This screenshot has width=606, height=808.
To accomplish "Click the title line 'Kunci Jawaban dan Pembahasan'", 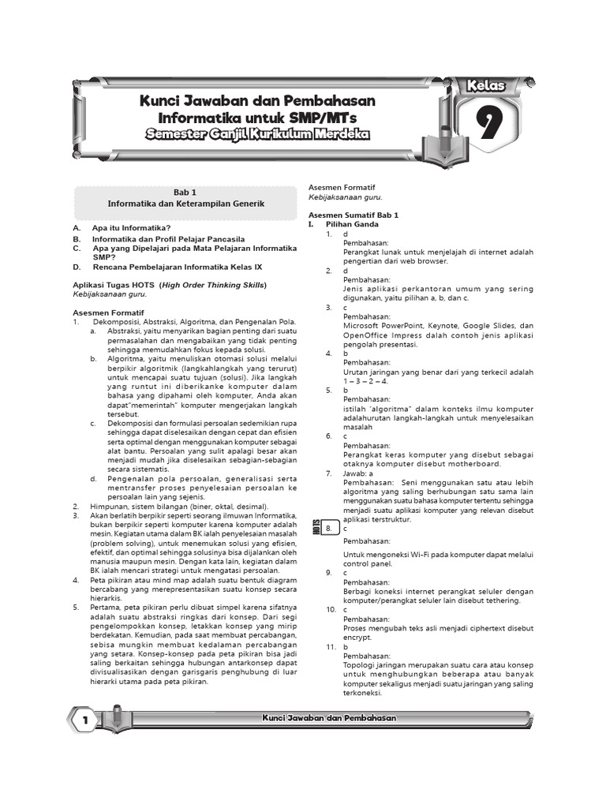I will click(257, 101).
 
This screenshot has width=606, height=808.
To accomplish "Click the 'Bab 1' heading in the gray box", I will click(186, 192).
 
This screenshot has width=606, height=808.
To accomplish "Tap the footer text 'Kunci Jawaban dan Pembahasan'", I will click(328, 717).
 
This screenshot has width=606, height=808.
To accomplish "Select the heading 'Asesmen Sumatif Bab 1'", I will click(353, 215).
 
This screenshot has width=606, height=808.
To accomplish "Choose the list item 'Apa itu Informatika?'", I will click(132, 228).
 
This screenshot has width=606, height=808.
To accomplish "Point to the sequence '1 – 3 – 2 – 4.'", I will click(366, 381).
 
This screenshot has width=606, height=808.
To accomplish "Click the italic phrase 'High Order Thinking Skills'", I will click(214, 285).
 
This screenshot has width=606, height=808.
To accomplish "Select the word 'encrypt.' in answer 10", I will click(357, 638).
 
